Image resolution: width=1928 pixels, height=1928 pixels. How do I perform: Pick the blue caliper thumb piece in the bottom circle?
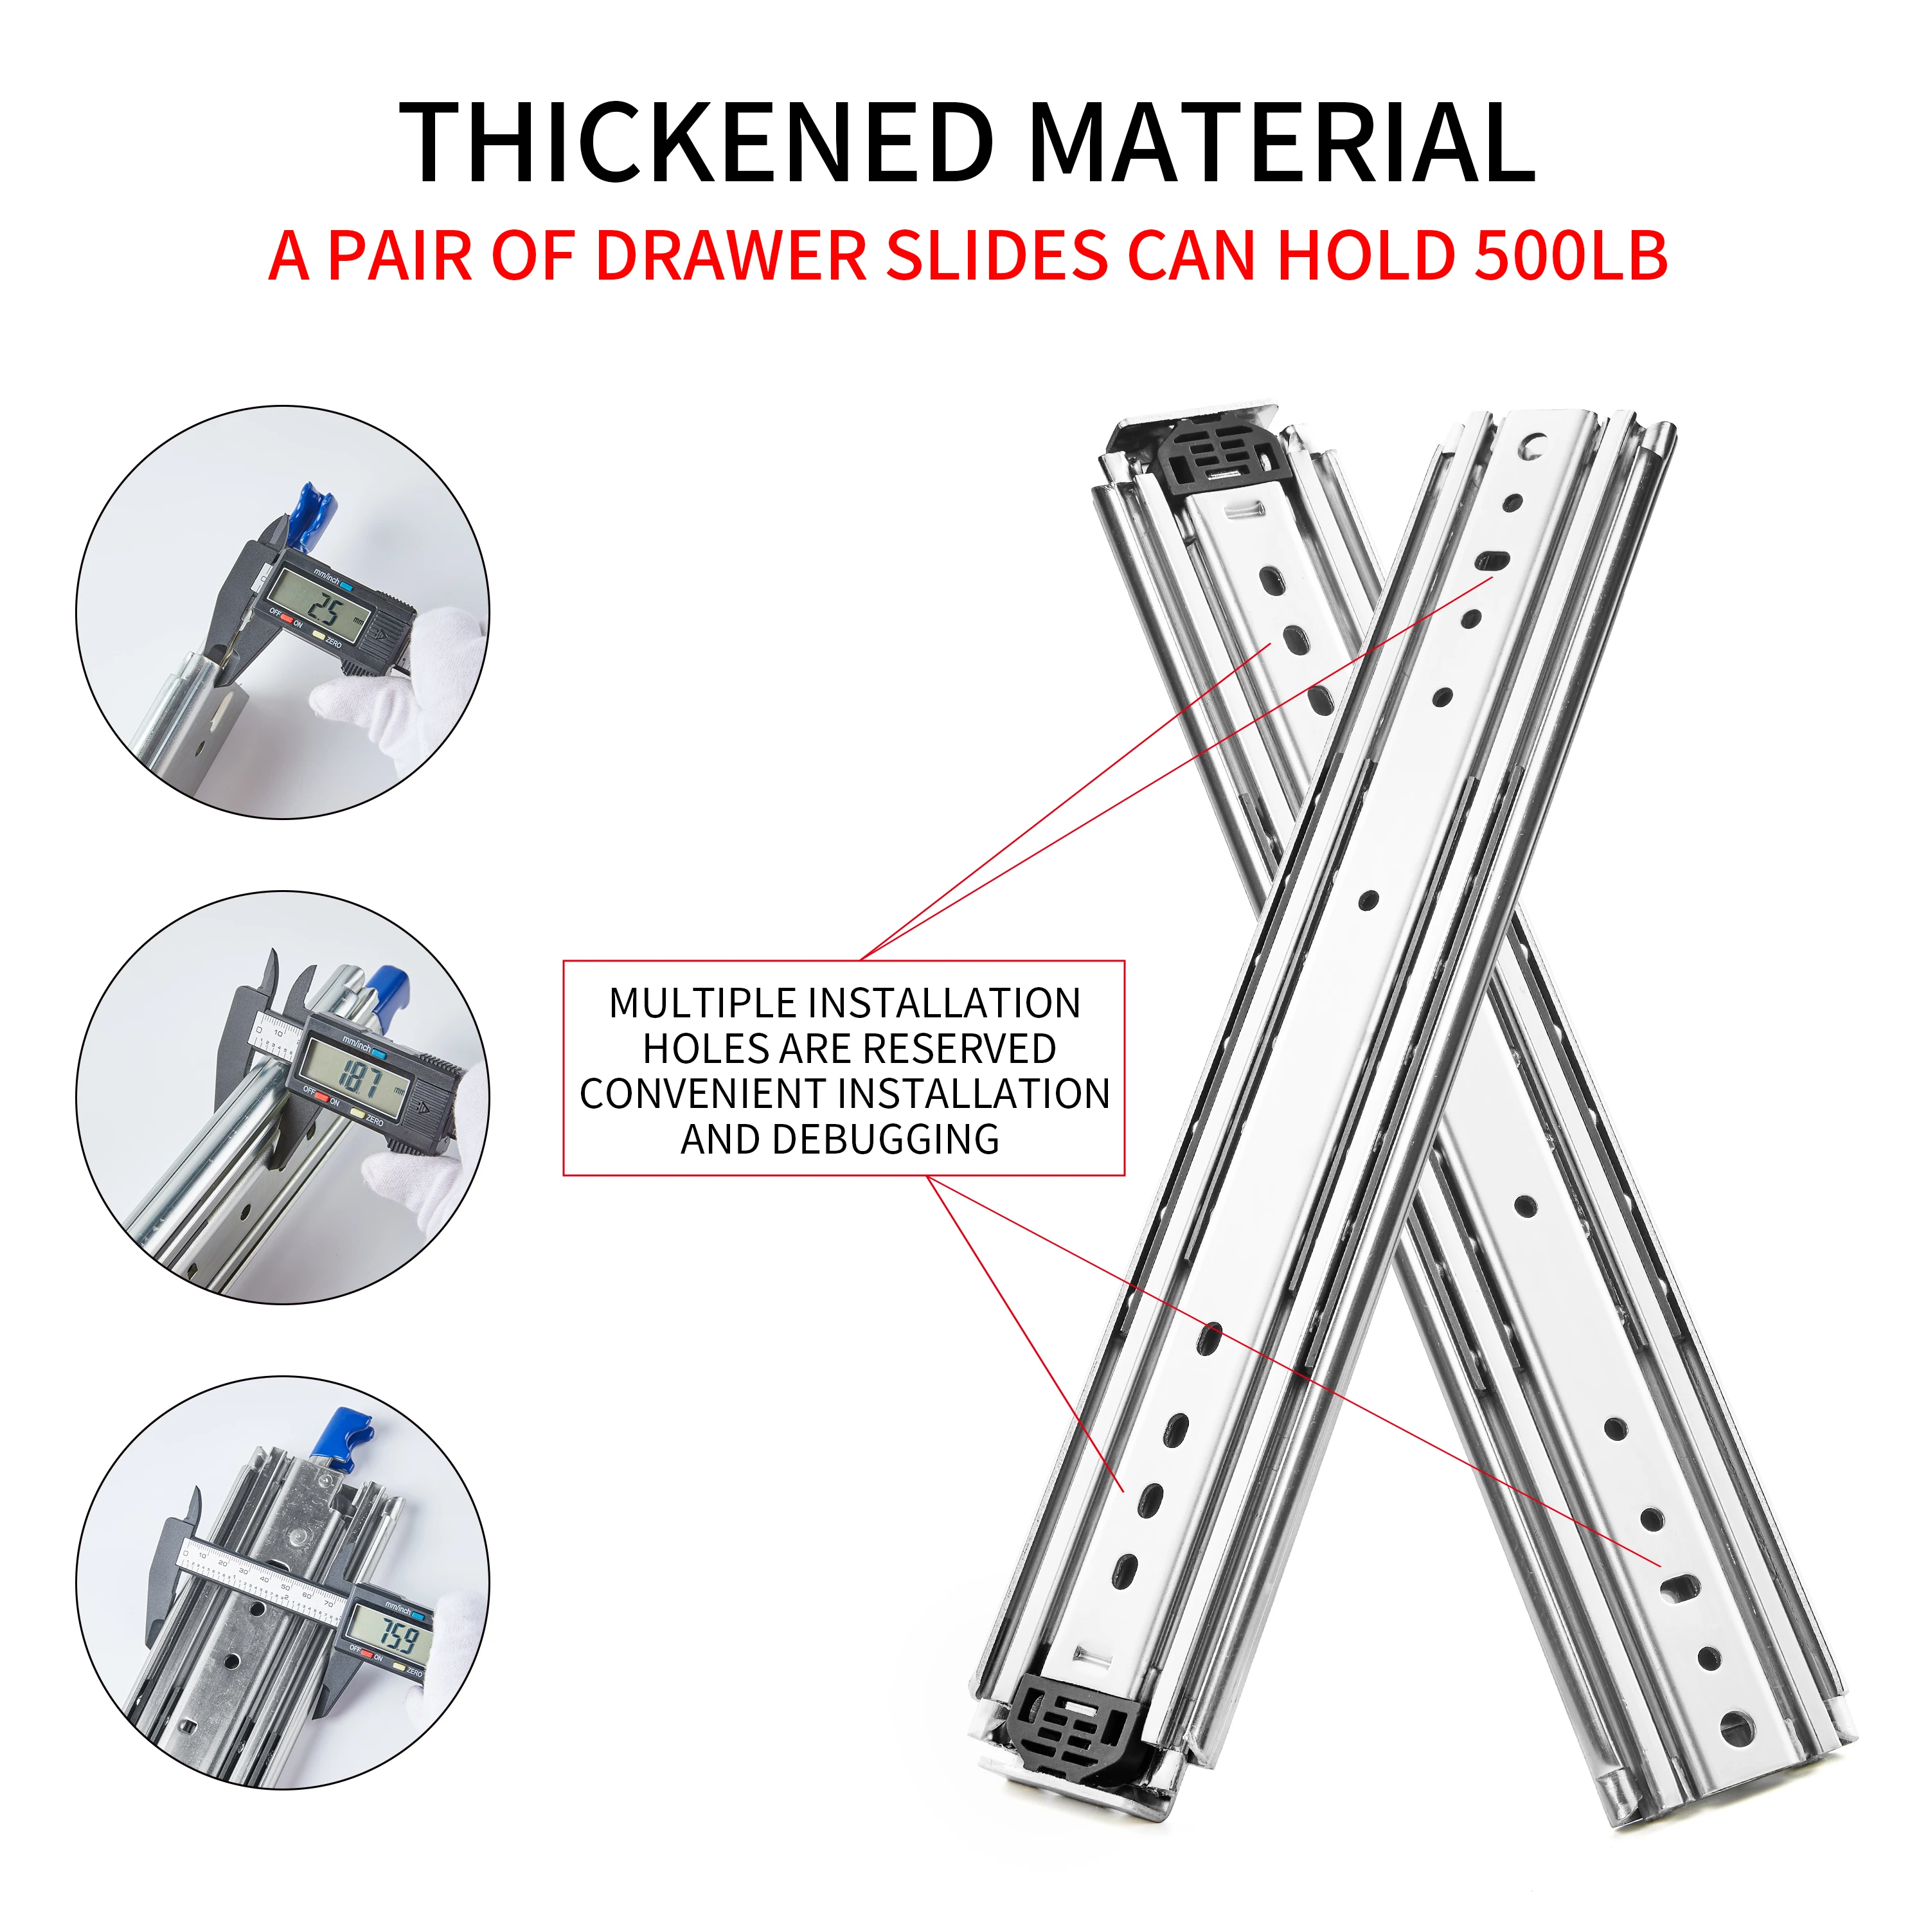tap(343, 1437)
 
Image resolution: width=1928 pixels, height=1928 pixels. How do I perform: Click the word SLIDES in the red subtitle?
tap(996, 256)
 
